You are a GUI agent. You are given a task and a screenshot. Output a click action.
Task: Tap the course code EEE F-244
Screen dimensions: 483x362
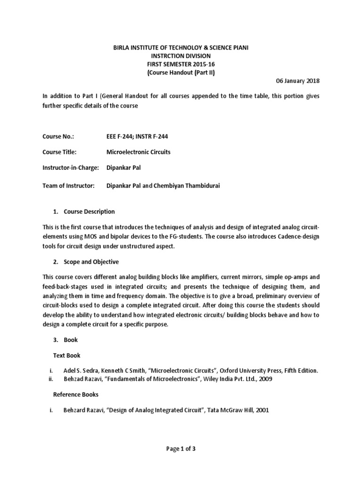[120, 136]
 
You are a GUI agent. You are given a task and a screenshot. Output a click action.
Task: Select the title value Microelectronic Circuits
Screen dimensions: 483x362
[139, 152]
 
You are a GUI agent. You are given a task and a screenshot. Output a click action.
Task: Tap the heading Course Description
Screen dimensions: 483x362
[89, 211]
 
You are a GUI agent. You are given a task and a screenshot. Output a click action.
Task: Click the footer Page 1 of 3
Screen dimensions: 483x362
[181, 449]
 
